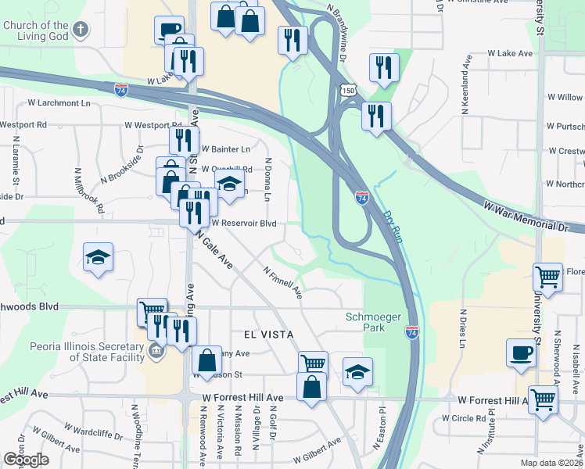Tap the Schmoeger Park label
click(365, 322)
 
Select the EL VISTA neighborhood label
click(268, 334)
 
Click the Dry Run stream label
click(393, 227)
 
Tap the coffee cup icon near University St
click(521, 353)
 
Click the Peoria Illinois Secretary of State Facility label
click(77, 352)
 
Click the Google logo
click(25, 460)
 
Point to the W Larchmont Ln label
click(59, 102)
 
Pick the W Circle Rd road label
click(463, 418)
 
